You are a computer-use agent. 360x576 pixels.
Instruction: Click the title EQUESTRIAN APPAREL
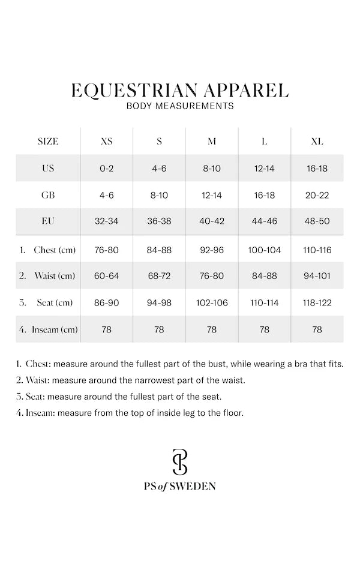179,90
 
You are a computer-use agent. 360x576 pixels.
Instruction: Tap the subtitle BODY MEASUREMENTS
179,106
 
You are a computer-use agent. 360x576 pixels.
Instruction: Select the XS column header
106,142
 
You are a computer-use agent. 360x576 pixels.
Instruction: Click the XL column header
317,142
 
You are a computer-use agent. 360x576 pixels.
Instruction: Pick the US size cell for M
212,169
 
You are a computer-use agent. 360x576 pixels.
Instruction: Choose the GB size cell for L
264,195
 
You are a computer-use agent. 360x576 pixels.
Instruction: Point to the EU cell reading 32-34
106,221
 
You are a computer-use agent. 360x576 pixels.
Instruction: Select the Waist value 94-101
317,276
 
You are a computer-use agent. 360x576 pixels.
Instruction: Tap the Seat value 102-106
212,303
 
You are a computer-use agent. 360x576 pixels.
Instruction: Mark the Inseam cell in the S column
159,329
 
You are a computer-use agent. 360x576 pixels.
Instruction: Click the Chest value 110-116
317,250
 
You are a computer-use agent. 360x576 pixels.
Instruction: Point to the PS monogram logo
179,461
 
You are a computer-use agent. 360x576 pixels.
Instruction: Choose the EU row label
48,221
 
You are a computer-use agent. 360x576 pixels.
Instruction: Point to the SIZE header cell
48,142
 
